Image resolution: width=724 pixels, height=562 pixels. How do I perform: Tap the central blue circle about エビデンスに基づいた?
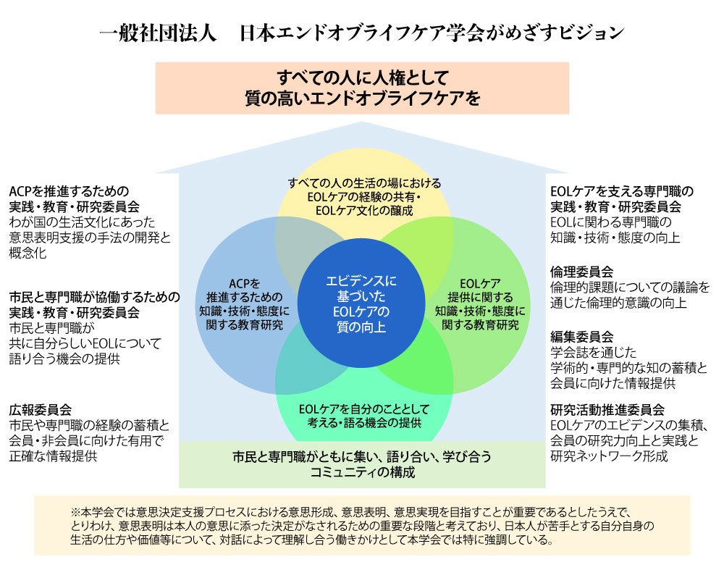click(361, 303)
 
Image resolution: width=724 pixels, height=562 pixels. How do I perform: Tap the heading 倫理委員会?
click(581, 272)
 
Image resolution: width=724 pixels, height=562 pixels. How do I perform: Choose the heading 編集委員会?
click(581, 337)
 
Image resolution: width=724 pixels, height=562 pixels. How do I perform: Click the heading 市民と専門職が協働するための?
click(94, 297)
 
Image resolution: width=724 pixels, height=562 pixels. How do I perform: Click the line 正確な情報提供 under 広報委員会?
click(54, 457)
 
